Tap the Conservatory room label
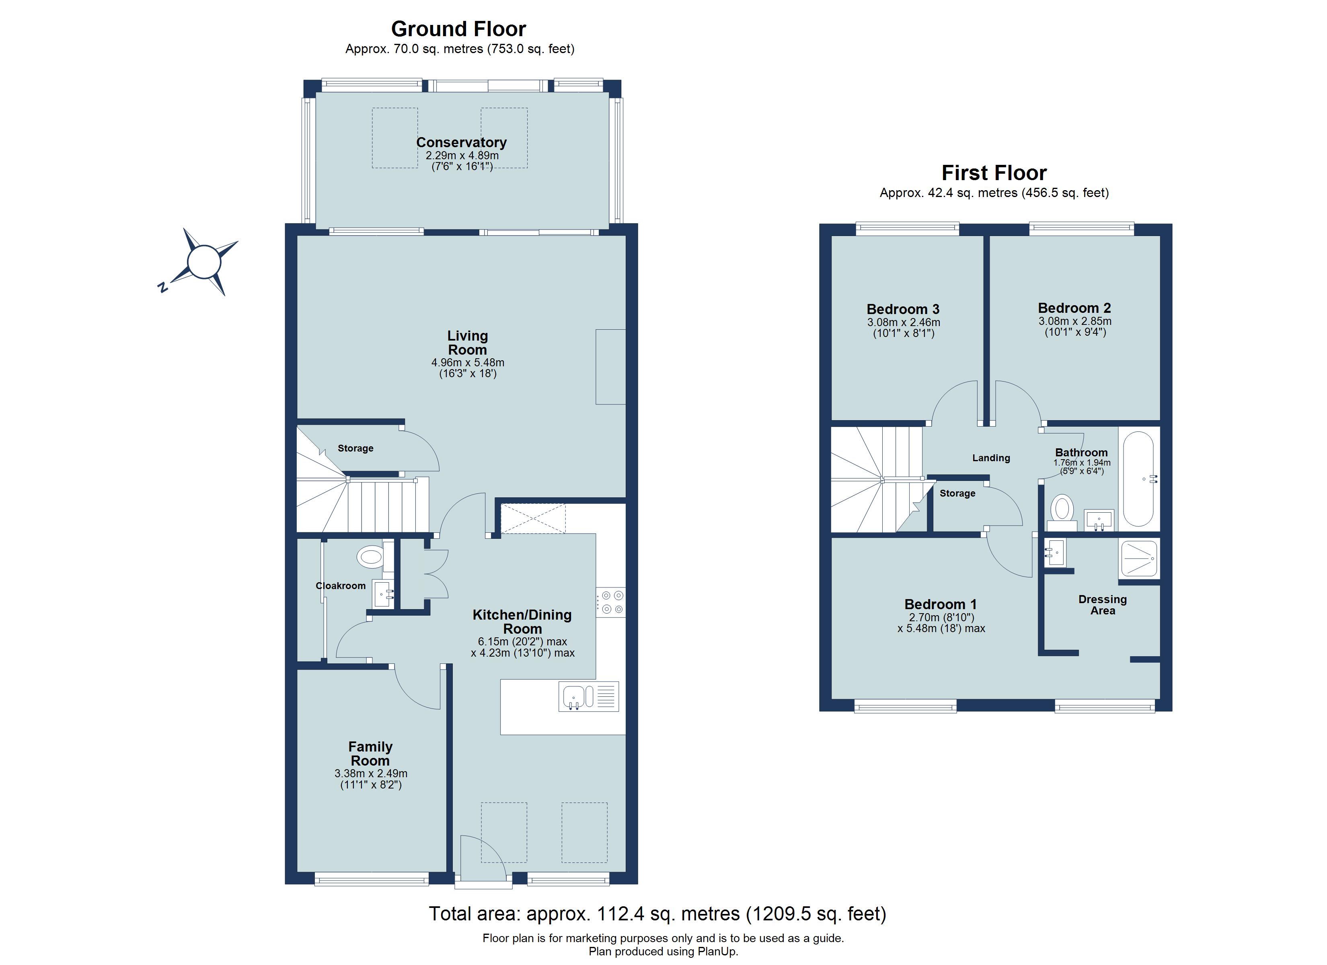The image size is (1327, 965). [x=461, y=142]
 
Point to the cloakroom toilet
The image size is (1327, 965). [x=370, y=556]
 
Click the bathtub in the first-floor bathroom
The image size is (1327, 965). [x=1138, y=479]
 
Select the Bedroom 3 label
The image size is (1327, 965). [x=903, y=309]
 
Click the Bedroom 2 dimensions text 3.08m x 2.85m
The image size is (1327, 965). [x=1075, y=321]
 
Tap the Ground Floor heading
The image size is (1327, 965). [x=458, y=29]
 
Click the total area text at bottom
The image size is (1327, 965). [x=657, y=914]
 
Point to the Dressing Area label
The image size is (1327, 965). [x=1102, y=604]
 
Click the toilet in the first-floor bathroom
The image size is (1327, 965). [x=1061, y=509]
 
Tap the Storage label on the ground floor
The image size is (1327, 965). [x=355, y=448]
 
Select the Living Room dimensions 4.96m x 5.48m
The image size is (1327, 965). [x=468, y=362]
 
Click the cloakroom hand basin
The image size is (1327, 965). [x=383, y=595]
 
